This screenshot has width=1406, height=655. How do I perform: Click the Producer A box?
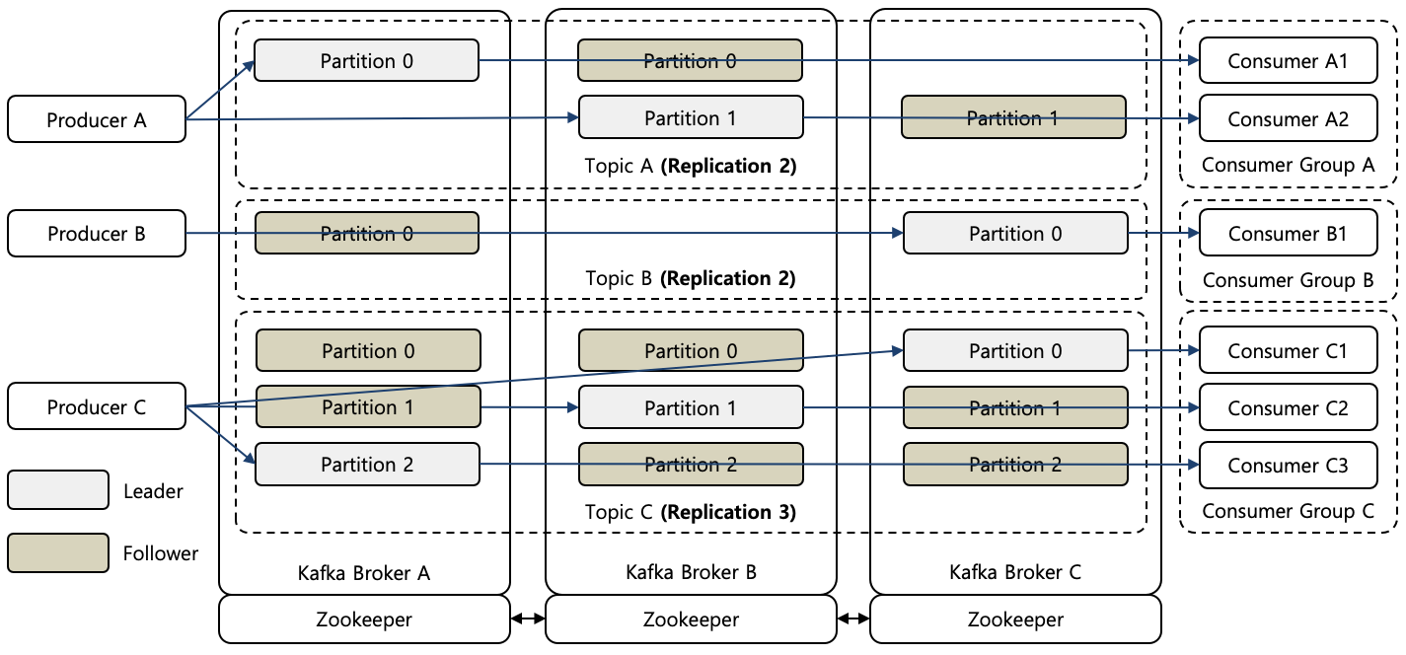97,119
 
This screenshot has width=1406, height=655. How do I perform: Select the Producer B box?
97,234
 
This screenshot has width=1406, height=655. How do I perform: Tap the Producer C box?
97,406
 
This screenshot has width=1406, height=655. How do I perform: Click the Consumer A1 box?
1288,61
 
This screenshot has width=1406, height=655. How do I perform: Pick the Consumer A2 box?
1288,118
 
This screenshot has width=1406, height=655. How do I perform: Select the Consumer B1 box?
1288,234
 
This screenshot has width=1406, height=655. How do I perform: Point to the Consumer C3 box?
1288,465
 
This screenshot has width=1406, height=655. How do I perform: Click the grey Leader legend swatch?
58,490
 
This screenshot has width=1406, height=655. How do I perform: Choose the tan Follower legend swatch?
58,552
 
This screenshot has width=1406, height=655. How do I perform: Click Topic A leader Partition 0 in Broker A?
367,61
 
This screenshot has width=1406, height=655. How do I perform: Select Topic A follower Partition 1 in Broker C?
1013,117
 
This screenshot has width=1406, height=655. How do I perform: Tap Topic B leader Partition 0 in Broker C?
1015,234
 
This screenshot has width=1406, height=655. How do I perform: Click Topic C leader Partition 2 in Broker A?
367,465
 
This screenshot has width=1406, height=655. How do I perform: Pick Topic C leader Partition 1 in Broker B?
691,407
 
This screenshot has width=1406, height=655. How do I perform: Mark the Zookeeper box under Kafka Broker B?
691,619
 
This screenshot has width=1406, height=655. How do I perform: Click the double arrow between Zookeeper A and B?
528,619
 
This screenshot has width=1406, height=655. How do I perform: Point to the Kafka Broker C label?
1015,572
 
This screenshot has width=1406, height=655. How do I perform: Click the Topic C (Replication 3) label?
691,512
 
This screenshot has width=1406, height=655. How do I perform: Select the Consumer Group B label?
1288,280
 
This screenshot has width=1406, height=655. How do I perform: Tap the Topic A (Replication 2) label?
691,166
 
